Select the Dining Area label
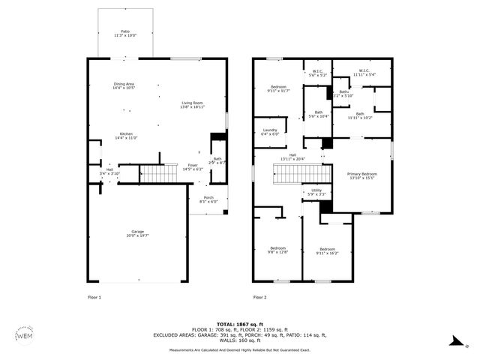click(124, 86)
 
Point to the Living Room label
click(192, 105)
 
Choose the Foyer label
click(193, 167)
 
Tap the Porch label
click(208, 199)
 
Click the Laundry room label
click(270, 132)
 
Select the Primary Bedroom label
click(362, 175)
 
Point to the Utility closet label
click(316, 192)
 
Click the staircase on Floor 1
click(157, 175)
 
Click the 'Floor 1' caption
click(94, 298)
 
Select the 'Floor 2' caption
click(259, 298)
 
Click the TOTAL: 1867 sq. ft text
click(240, 323)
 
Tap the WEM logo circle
click(24, 334)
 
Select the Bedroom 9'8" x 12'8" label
click(278, 250)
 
